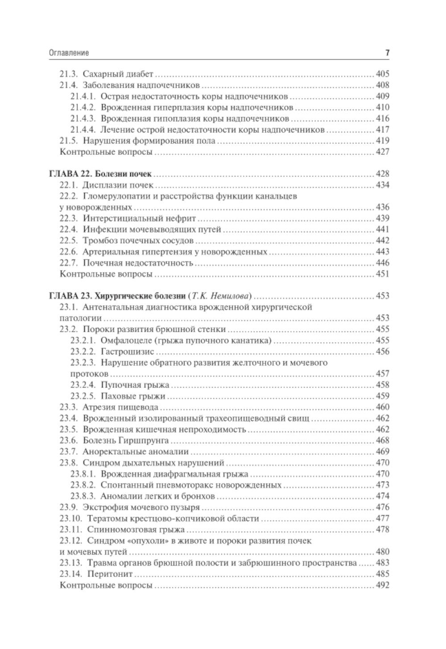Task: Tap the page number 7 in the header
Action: (387, 53)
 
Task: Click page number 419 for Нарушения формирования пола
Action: (382, 141)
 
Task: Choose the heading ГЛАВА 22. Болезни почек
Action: (100, 174)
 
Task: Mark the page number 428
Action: (382, 174)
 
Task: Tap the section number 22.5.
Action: (69, 241)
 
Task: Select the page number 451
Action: (382, 274)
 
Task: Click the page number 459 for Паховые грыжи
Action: (382, 396)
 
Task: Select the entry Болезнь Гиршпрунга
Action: (125, 441)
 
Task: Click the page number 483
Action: (382, 563)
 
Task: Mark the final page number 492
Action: (382, 585)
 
